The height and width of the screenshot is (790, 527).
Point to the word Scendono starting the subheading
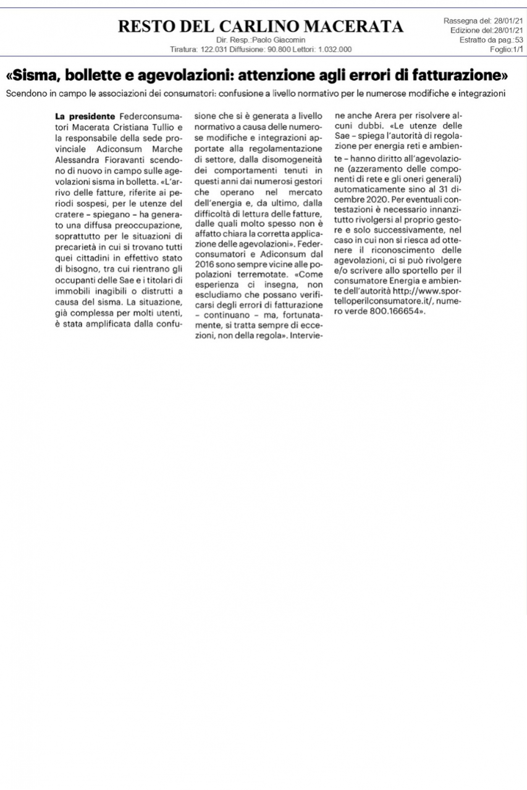coord(25,94)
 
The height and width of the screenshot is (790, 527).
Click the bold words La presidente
coord(85,116)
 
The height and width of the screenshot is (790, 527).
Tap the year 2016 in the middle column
coord(206,264)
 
